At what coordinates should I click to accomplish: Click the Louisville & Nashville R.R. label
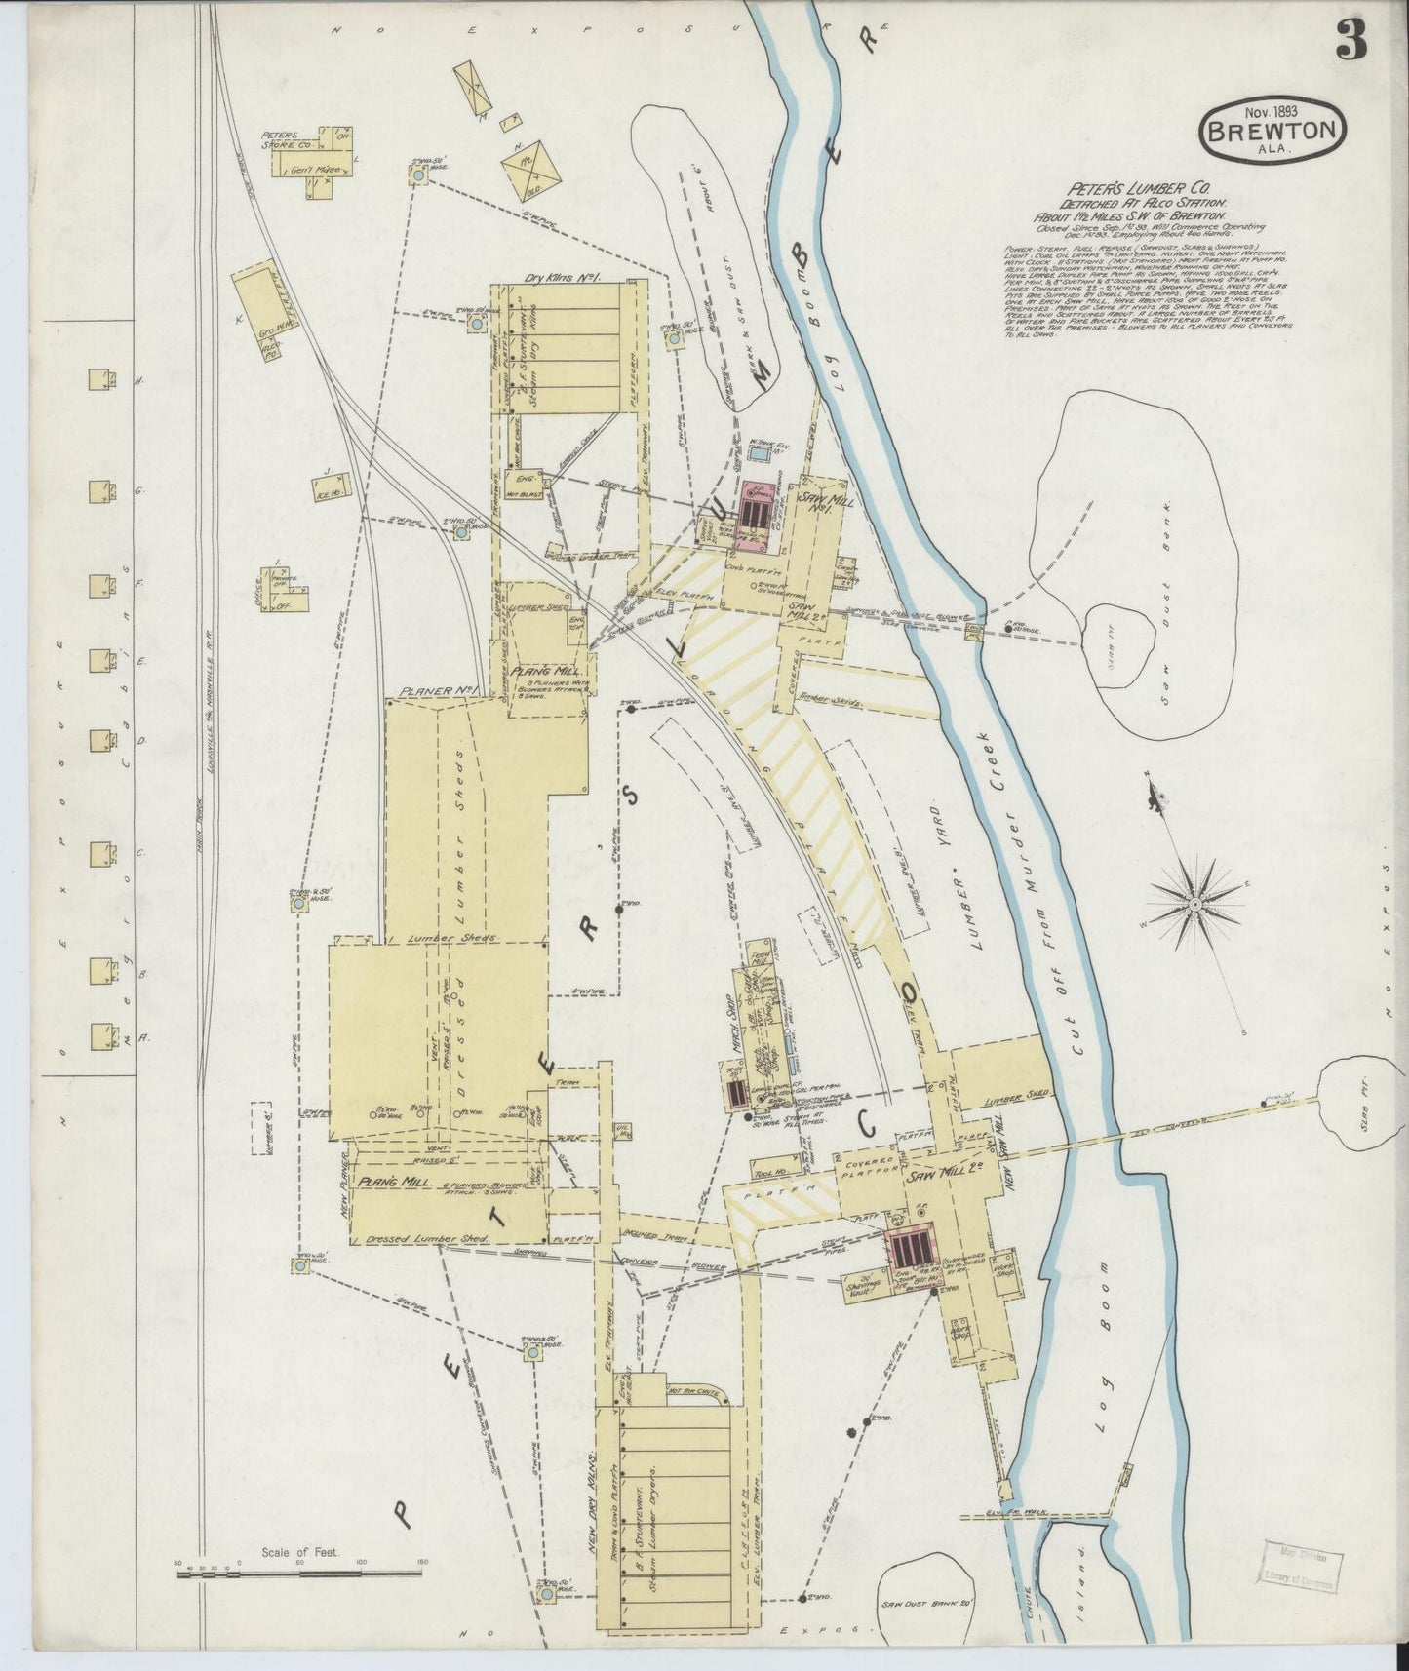pyautogui.click(x=209, y=694)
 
